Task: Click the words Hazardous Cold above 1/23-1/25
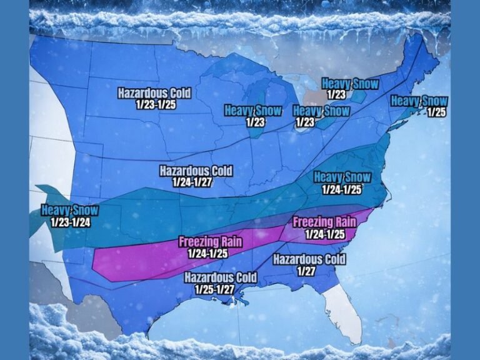(x=154, y=93)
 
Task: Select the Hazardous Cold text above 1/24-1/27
(x=196, y=171)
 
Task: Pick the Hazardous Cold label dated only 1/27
(x=307, y=259)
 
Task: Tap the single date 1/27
(x=307, y=271)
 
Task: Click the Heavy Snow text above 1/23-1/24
(x=70, y=210)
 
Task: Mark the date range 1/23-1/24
(x=70, y=221)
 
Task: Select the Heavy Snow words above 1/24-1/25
(x=342, y=177)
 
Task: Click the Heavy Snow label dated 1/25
(x=419, y=101)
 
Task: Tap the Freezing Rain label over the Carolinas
(x=324, y=222)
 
